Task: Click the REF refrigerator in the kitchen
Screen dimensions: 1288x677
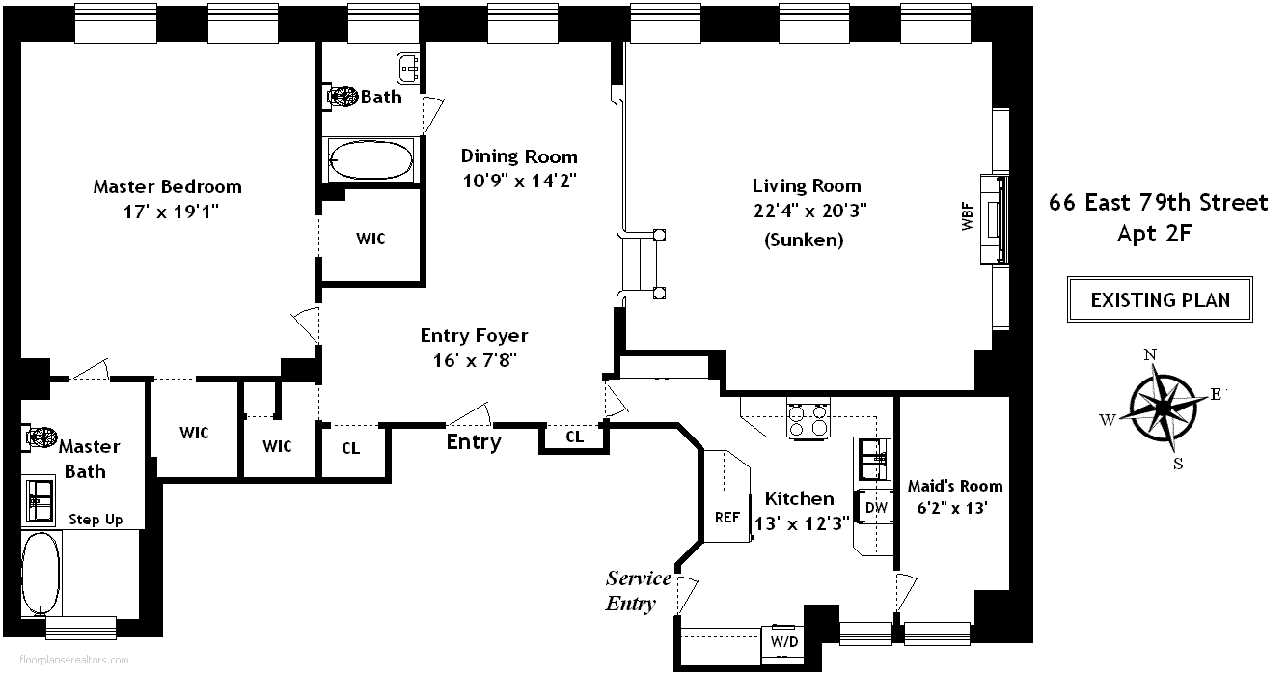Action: [727, 517]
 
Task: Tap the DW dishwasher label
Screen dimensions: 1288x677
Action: [876, 507]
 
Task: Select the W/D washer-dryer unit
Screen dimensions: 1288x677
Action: [784, 642]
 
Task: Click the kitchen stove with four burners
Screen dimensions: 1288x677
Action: [808, 419]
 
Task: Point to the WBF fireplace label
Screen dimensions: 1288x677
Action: [968, 216]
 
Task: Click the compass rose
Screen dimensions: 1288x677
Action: [1162, 408]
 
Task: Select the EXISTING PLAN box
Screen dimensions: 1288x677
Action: [1160, 299]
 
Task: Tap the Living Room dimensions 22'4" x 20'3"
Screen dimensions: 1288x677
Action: [810, 211]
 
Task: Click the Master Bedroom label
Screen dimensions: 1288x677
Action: [167, 186]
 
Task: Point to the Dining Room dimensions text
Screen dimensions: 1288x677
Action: [519, 181]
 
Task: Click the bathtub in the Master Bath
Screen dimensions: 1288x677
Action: [41, 574]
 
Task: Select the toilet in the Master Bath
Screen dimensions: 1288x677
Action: [41, 437]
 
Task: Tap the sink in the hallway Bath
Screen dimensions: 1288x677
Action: [408, 68]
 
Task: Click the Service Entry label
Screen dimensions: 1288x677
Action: [638, 591]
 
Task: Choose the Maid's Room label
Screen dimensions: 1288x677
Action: [955, 486]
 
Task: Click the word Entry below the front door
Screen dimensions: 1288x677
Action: [474, 442]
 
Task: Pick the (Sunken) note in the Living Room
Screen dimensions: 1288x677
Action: [804, 240]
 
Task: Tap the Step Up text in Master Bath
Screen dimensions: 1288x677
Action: [96, 520]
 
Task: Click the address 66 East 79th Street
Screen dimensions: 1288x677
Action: [1159, 203]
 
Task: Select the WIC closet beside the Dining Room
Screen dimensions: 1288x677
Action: [370, 238]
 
